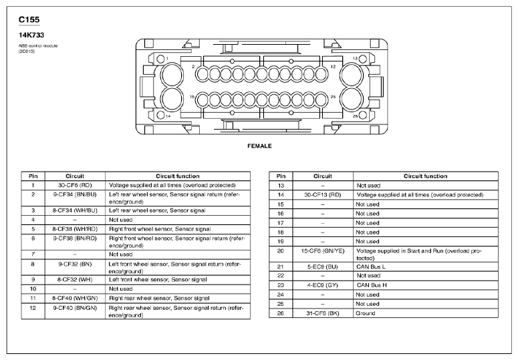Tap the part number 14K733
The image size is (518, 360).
tap(33, 34)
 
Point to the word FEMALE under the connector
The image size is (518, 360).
tap(259, 145)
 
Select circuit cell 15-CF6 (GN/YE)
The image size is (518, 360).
tap(322, 251)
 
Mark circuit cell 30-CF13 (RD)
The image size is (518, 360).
tap(322, 194)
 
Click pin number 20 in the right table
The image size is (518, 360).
tap(281, 251)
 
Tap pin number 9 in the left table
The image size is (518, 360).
tap(33, 279)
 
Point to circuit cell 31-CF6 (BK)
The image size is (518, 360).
tap(322, 313)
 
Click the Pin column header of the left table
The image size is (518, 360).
tap(33, 176)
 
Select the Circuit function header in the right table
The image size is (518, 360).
tap(425, 176)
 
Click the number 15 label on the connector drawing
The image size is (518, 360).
tap(191, 97)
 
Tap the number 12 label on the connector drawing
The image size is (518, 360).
tap(333, 67)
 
